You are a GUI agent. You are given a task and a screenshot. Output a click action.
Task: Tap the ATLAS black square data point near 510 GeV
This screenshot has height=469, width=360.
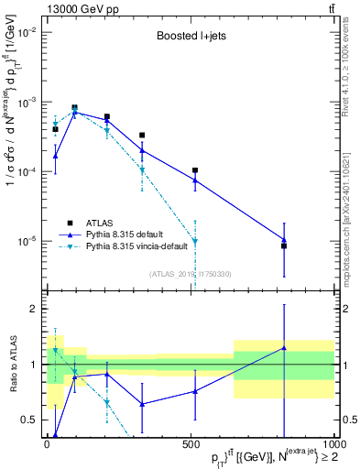195,170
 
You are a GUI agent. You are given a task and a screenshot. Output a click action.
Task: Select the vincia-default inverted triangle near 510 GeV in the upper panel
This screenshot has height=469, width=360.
195,242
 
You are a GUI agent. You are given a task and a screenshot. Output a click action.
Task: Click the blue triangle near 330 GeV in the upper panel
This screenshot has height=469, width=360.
142,150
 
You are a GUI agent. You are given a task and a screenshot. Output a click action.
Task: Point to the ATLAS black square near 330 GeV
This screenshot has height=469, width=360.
142,136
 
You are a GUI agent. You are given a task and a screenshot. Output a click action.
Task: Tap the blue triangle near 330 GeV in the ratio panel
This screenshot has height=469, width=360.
142,404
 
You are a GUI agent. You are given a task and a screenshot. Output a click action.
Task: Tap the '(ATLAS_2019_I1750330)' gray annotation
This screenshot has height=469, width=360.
191,273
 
